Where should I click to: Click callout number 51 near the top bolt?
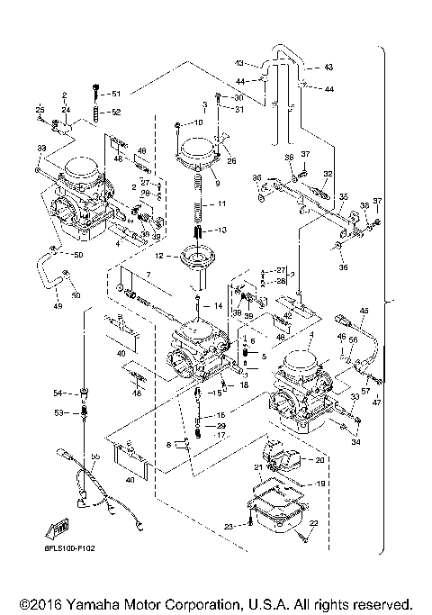115,94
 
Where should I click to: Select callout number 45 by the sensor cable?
364,311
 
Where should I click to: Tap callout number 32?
328,173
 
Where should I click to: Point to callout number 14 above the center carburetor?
217,306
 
